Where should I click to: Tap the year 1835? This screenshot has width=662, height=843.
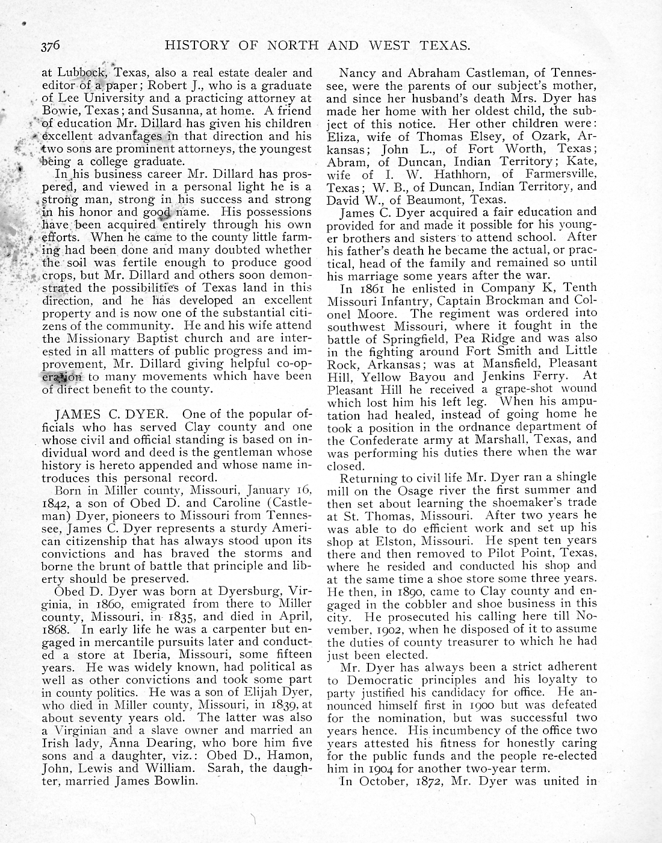pos(181,616)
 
